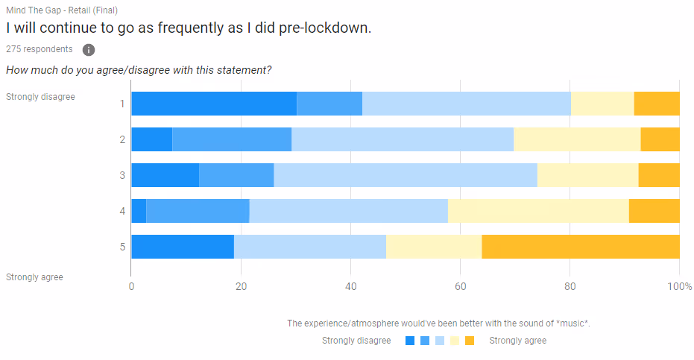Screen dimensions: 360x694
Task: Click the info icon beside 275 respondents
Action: pyautogui.click(x=89, y=50)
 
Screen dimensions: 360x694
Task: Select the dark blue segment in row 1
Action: pyautogui.click(x=214, y=104)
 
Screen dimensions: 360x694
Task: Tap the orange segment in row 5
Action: pyautogui.click(x=581, y=247)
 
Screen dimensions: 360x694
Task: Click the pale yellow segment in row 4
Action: pyautogui.click(x=538, y=211)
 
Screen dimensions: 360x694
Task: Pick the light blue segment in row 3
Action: pyautogui.click(x=406, y=175)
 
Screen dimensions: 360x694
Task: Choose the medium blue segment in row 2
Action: pyautogui.click(x=232, y=139)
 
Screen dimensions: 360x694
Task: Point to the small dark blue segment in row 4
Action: pyautogui.click(x=139, y=211)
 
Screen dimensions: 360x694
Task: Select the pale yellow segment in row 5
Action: pyautogui.click(x=434, y=247)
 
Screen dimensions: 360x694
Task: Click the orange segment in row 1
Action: pyautogui.click(x=657, y=104)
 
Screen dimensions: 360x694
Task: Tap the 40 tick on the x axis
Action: pyautogui.click(x=351, y=287)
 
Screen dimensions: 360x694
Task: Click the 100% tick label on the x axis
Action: pyautogui.click(x=679, y=287)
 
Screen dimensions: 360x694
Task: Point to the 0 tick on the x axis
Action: pyautogui.click(x=131, y=287)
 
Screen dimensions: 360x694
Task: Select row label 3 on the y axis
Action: pyautogui.click(x=122, y=175)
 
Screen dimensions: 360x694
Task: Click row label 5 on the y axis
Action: pyautogui.click(x=122, y=247)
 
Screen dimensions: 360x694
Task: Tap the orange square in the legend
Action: pyautogui.click(x=470, y=341)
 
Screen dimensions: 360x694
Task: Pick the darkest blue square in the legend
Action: pyautogui.click(x=409, y=341)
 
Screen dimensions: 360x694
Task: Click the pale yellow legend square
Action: pyautogui.click(x=454, y=341)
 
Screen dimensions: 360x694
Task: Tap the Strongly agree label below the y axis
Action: pyautogui.click(x=34, y=277)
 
